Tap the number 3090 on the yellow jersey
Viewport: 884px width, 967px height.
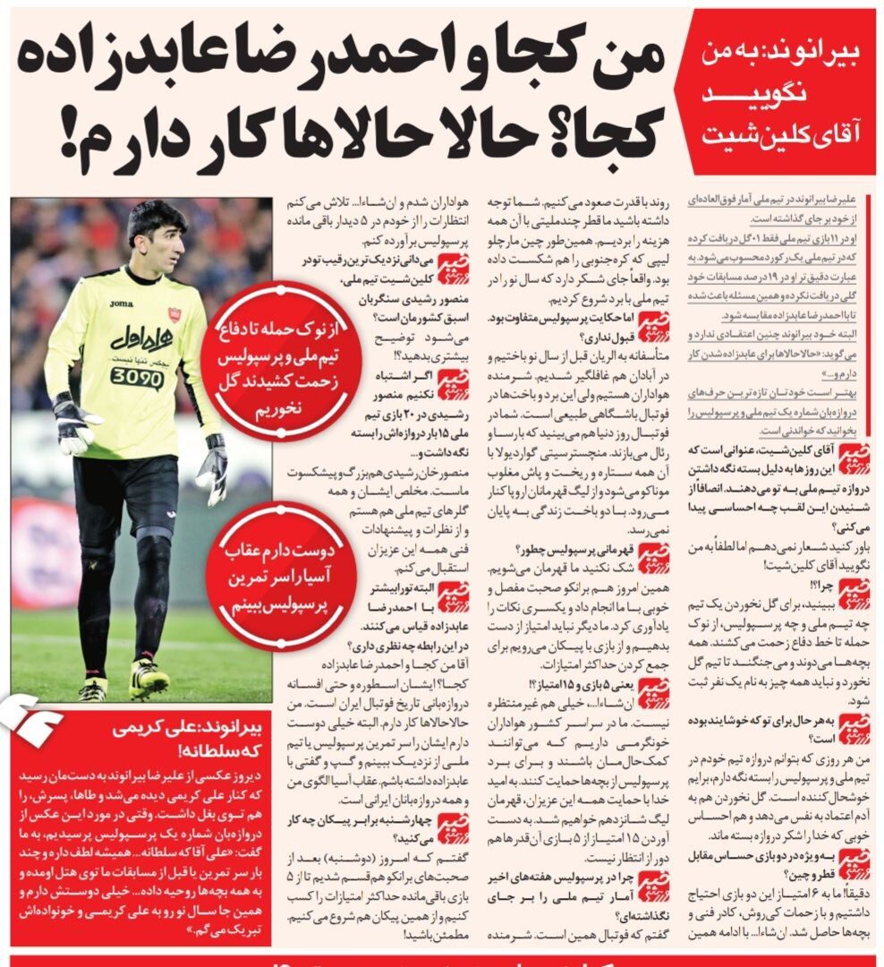click(x=137, y=377)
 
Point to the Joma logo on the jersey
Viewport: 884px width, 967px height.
click(x=121, y=304)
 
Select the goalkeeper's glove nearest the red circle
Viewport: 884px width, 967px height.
click(x=213, y=466)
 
